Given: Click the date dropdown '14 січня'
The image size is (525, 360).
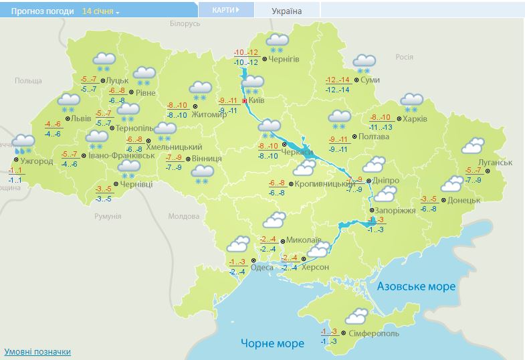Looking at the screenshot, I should (100, 11).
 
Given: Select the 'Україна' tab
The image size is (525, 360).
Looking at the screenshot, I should (287, 11).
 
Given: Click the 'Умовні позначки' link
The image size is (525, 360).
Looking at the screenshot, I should (37, 351).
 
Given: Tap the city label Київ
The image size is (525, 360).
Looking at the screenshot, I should (256, 100).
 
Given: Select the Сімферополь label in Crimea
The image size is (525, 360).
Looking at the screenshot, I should (374, 333).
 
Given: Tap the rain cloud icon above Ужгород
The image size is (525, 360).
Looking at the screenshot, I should (24, 143).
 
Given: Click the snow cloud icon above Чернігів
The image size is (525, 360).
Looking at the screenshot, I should (276, 43).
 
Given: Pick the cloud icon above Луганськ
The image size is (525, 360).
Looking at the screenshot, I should (473, 146).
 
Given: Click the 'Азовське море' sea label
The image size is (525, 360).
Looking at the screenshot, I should (416, 286).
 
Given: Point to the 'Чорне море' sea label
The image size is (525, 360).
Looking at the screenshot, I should (272, 343).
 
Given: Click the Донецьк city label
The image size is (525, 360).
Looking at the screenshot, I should (463, 200).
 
